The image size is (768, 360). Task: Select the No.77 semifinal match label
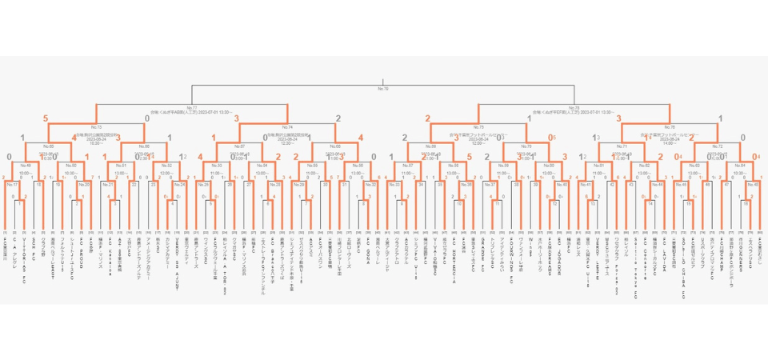click(191, 107)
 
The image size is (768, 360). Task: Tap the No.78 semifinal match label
click(574, 107)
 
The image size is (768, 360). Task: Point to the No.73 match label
click(96, 126)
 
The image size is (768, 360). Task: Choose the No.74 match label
click(287, 126)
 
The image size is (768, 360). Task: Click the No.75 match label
click(478, 126)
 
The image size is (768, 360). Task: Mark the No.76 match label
click(670, 126)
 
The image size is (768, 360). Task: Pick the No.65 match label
click(48, 146)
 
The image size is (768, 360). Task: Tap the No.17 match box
click(12, 184)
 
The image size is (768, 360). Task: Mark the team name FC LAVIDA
click(666, 248)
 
